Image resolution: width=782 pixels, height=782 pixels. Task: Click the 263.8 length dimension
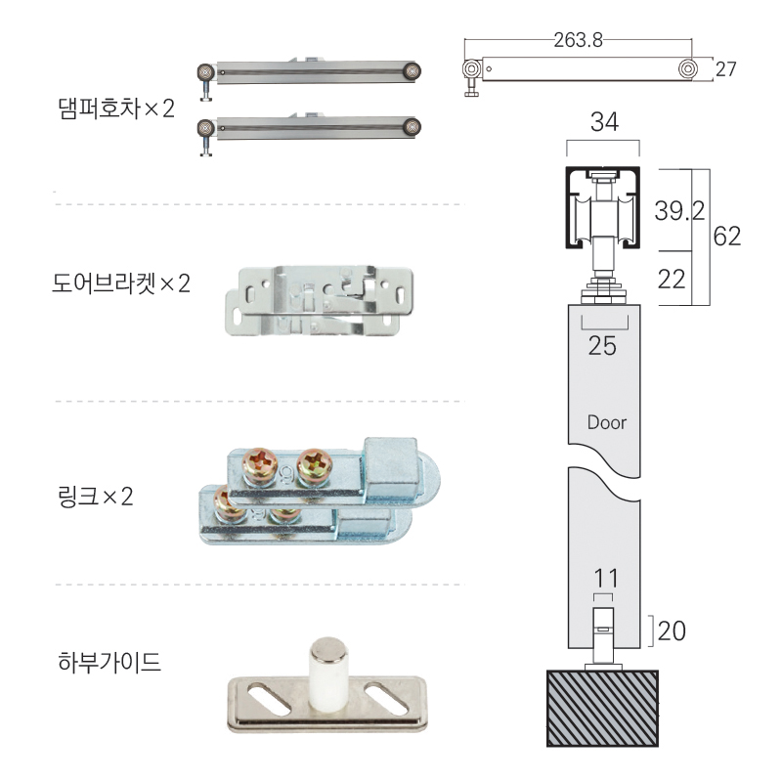[578, 40]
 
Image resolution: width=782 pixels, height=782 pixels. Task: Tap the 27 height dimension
[725, 68]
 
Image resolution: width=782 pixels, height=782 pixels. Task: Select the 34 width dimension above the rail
[604, 121]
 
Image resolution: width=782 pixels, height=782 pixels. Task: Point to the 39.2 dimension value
[679, 211]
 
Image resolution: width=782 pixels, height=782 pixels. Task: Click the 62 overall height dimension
[727, 237]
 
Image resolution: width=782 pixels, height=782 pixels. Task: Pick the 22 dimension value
[672, 280]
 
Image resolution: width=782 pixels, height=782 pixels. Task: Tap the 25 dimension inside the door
[602, 346]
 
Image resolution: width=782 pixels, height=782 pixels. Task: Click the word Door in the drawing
[606, 423]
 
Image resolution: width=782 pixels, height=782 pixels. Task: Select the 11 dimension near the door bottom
[606, 579]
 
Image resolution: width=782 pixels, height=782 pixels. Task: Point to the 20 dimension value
[672, 630]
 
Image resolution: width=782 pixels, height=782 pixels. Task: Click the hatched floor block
[602, 708]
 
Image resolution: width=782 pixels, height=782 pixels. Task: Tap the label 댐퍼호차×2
[116, 109]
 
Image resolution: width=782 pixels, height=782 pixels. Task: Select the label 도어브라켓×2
[121, 283]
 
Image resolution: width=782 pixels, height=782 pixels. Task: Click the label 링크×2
[96, 497]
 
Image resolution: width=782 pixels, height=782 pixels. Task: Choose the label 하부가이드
[109, 663]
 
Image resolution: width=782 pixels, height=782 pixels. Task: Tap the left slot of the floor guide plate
[269, 698]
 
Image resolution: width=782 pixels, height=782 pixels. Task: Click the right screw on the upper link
[314, 466]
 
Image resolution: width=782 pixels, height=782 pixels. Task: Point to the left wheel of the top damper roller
[205, 72]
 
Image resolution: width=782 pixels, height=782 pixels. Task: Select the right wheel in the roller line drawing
[687, 68]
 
